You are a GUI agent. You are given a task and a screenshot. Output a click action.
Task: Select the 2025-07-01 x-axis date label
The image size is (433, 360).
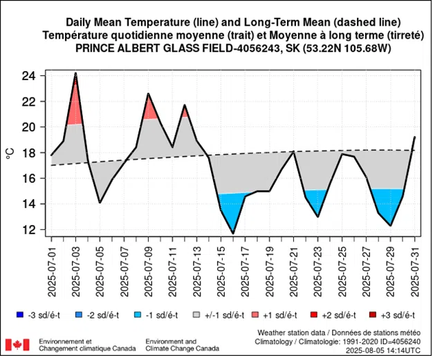coord(51,263)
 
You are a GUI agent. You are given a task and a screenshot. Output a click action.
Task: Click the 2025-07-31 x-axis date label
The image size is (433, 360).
coord(414,263)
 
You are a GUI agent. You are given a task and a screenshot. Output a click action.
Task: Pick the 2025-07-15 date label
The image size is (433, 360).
coord(221,263)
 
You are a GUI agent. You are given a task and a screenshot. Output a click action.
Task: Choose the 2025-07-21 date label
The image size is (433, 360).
coord(293,263)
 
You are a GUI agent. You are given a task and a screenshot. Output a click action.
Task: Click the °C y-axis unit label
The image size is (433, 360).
coord(10,153)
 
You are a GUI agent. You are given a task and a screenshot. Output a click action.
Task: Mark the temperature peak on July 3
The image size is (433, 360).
coord(75,73)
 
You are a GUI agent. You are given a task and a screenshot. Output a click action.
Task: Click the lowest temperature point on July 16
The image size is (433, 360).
coord(233,234)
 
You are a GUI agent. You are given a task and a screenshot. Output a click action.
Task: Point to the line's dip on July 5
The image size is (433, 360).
coord(100,202)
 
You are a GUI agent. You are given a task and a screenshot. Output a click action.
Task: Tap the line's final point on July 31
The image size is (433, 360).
coord(414,137)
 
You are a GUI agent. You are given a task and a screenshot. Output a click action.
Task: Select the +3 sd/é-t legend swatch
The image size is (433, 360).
coord(371,314)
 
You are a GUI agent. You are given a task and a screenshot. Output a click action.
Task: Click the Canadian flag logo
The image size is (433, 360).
coord(17,344)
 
